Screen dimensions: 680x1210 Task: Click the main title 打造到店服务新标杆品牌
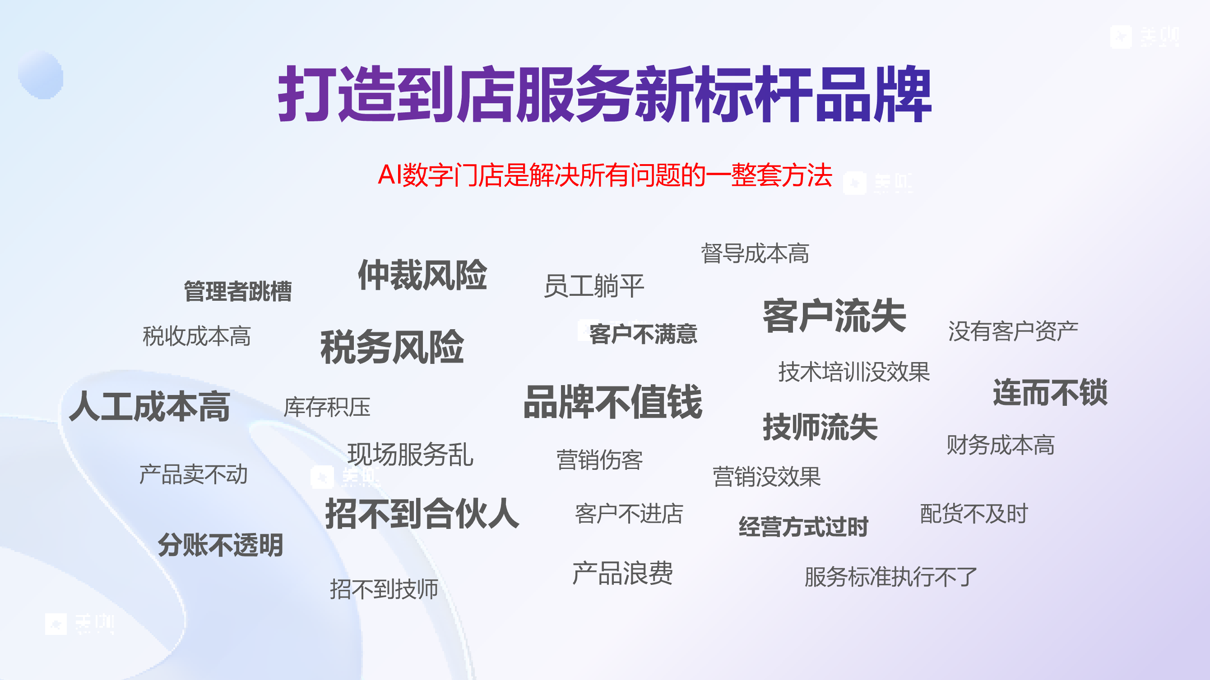[604, 94]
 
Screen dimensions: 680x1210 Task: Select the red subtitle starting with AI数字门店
[604, 175]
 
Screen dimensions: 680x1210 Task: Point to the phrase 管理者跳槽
[238, 291]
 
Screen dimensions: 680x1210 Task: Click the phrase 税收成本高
[196, 336]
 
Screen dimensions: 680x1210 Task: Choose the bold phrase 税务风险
[392, 347]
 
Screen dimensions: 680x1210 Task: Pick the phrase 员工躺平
[594, 286]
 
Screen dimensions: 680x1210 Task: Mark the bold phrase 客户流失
[834, 316]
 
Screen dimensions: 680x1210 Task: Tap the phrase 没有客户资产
[1013, 331]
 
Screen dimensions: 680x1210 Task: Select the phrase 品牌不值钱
[612, 402]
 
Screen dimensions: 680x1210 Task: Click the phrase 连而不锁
[1050, 392]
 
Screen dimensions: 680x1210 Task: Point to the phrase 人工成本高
[149, 406]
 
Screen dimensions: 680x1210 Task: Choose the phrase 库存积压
[327, 407]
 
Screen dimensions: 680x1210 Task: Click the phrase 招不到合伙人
[422, 514]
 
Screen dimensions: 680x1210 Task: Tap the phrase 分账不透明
[220, 545]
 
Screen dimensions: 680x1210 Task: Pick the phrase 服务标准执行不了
[890, 577]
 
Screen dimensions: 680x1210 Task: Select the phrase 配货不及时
[974, 514]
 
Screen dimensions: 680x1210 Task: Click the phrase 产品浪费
[622, 573]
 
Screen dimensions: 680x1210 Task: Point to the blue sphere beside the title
[41, 75]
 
